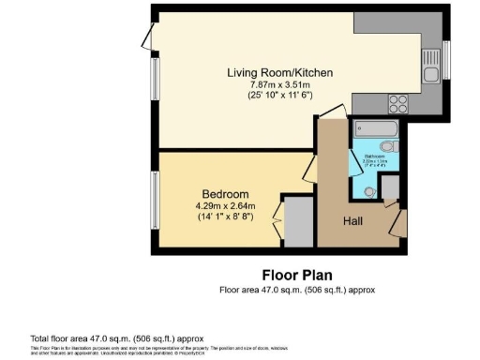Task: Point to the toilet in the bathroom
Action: coord(390,147)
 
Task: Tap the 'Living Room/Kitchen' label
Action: coord(279,73)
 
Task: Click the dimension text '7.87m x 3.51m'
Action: coord(279,85)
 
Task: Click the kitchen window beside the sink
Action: coord(446,62)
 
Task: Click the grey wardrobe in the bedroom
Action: coord(298,221)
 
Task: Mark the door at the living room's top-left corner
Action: coord(147,37)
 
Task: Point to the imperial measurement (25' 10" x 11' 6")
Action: coord(279,97)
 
